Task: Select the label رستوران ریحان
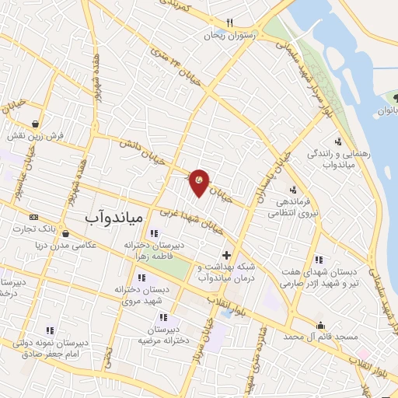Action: (x=225, y=36)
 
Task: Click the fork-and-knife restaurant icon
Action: (x=229, y=23)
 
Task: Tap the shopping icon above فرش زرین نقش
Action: (x=36, y=123)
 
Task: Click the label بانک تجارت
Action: (x=34, y=229)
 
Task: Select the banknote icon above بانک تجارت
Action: (x=33, y=217)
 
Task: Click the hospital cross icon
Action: (x=226, y=255)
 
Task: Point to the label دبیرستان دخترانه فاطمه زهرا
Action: (x=156, y=250)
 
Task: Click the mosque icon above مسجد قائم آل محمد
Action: (x=319, y=326)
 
